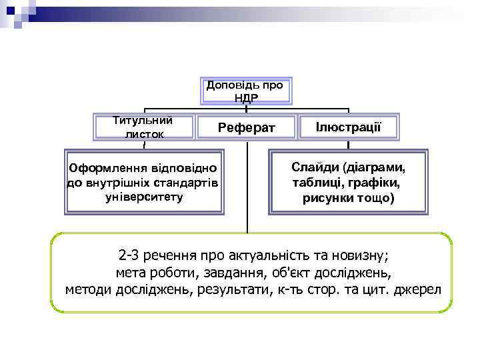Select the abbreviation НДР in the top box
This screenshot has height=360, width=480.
tap(246, 98)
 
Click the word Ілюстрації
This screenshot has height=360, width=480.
tap(348, 126)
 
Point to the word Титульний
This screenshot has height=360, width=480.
tap(143, 121)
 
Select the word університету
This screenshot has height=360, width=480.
tap(144, 197)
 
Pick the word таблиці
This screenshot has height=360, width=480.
tap(316, 183)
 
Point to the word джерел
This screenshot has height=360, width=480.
tap(423, 290)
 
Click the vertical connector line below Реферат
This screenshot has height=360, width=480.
tap(247, 187)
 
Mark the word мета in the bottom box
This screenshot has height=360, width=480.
tap(131, 273)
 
